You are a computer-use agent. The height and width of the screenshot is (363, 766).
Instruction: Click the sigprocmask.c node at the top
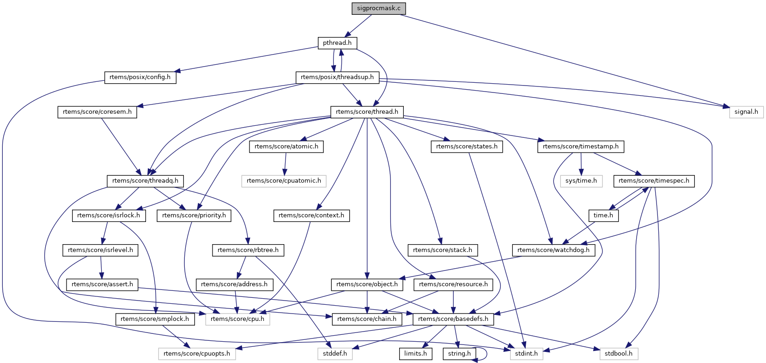(379, 8)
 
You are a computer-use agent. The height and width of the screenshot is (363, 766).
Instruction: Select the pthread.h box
(337, 43)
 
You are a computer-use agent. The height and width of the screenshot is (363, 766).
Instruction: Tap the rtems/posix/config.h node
(140, 77)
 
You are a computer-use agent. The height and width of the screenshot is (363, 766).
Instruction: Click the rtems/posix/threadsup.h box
(337, 77)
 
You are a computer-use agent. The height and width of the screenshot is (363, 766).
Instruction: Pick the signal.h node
(746, 112)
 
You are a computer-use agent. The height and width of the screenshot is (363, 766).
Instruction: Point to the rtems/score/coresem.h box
(97, 112)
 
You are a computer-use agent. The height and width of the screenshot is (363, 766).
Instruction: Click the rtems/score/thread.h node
(367, 112)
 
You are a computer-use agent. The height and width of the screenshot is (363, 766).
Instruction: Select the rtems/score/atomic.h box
(286, 147)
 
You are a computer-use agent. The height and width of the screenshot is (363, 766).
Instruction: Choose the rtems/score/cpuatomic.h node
(284, 181)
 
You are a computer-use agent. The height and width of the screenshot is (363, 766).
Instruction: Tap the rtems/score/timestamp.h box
(581, 147)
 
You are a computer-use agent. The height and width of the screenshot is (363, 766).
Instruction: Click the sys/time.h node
(582, 181)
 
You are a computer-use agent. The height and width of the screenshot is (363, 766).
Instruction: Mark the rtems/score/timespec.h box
(654, 181)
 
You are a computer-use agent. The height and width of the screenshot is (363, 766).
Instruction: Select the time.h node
(603, 215)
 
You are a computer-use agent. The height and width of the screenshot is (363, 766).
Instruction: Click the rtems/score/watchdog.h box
(553, 250)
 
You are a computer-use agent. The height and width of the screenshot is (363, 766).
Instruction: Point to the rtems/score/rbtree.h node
(248, 250)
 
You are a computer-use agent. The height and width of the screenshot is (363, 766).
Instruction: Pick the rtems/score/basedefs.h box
(453, 319)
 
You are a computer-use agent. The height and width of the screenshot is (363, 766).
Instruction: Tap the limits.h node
(416, 354)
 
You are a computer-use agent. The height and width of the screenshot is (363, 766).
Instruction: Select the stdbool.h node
(619, 354)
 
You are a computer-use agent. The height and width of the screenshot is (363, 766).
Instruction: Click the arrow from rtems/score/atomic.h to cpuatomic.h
(286, 164)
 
